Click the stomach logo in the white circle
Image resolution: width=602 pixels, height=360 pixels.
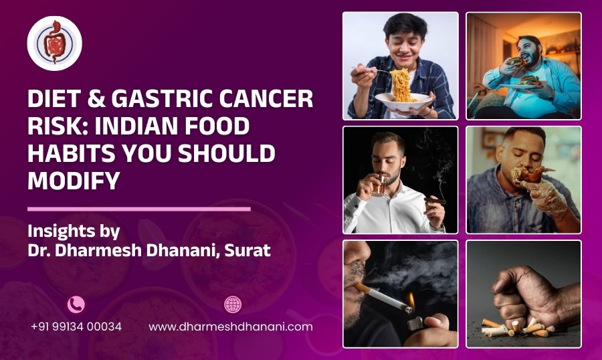point(55,43)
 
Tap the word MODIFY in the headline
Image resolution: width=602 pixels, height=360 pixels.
point(74,181)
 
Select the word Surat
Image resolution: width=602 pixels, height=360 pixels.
point(247,250)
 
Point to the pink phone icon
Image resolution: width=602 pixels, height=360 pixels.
point(76,304)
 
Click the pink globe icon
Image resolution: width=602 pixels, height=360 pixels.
point(233,304)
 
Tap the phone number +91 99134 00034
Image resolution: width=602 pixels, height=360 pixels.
point(76,327)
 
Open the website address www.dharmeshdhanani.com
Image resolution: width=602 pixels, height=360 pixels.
point(230,327)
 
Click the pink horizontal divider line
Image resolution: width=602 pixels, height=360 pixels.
point(139,209)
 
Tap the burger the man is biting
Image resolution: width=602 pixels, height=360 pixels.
point(516,62)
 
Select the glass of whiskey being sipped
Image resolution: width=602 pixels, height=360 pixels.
point(379,185)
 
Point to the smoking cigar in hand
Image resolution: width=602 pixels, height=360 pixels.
point(434,201)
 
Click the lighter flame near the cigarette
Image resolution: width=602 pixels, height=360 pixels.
point(411,299)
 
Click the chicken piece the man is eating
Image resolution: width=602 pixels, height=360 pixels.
point(531,175)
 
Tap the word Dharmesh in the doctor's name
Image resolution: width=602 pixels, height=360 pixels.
point(98,250)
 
